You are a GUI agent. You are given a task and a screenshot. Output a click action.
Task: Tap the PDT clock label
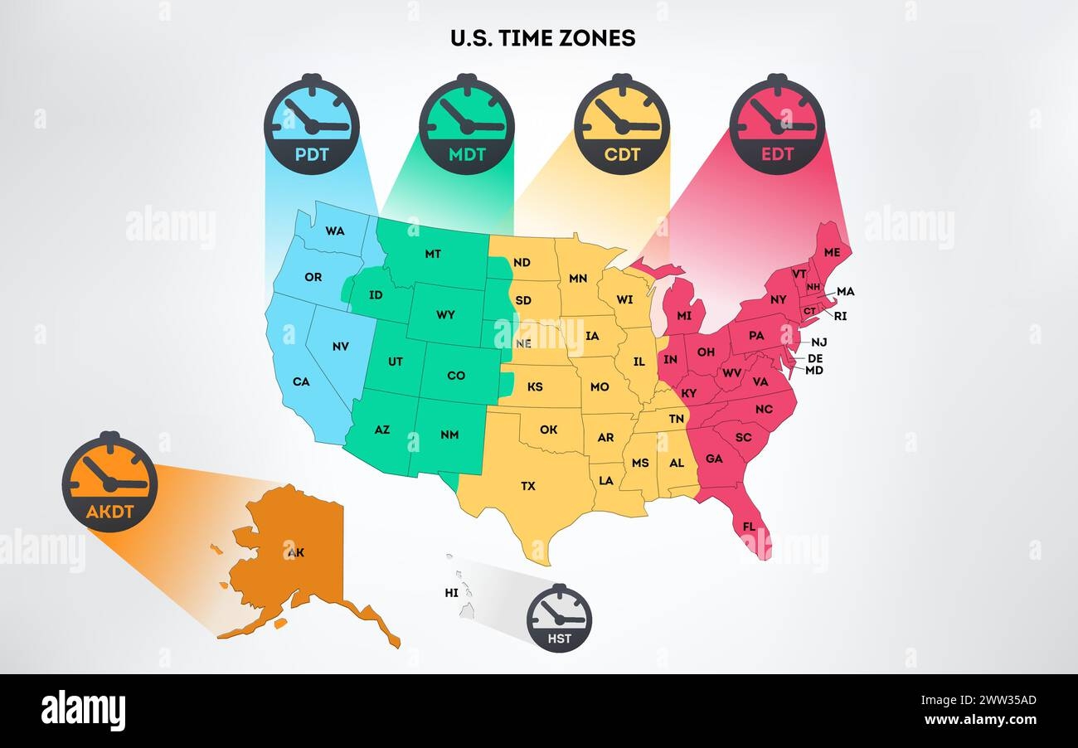(x=312, y=153)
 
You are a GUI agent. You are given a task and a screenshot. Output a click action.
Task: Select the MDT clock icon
(x=466, y=124)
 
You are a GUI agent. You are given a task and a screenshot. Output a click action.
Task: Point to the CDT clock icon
(x=621, y=124)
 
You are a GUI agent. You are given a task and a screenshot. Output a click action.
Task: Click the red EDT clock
(x=777, y=124)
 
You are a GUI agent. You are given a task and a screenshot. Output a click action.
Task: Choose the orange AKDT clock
(x=109, y=482)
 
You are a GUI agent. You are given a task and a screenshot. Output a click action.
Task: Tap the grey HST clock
(x=560, y=619)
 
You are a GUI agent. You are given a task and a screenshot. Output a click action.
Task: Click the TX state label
(x=528, y=486)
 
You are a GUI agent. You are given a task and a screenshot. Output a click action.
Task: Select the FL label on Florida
(x=749, y=527)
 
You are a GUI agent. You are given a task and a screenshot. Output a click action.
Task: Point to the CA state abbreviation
(x=301, y=382)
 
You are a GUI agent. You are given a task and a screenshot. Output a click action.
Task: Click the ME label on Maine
(x=832, y=252)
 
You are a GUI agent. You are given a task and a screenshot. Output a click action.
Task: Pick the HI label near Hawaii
(x=451, y=593)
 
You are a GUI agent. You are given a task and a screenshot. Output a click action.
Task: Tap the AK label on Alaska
(x=295, y=552)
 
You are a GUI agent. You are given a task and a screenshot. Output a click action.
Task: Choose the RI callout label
(x=841, y=316)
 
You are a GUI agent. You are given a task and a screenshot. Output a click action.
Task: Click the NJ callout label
(x=818, y=342)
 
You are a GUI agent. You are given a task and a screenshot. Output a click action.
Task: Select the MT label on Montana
(x=433, y=254)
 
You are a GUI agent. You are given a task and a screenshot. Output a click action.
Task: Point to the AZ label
(x=381, y=430)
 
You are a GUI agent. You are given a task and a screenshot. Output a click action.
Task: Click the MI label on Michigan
(x=684, y=316)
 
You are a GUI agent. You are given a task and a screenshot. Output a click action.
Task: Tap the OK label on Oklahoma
(x=548, y=430)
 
